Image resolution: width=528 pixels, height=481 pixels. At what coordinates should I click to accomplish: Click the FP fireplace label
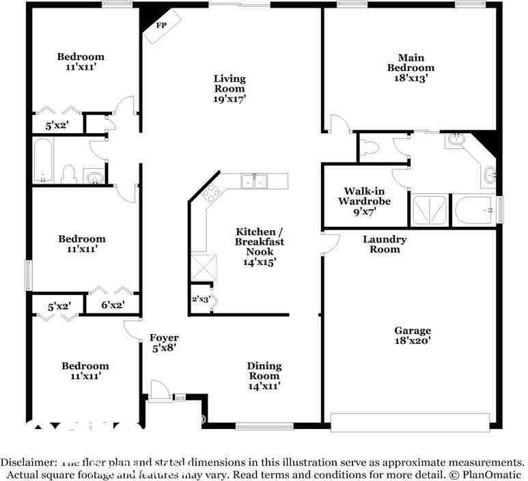pyautogui.click(x=162, y=26)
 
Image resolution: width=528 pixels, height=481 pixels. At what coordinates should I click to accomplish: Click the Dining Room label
pyautogui.click(x=264, y=371)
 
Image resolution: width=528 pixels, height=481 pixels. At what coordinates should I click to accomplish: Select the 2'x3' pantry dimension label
pyautogui.click(x=200, y=299)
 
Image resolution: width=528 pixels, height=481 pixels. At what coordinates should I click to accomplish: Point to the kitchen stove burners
pyautogui.click(x=210, y=192)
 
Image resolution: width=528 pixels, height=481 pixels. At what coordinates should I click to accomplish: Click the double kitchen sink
pyautogui.click(x=254, y=181)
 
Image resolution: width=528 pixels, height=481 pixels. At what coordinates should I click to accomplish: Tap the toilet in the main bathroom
pyautogui.click(x=370, y=147)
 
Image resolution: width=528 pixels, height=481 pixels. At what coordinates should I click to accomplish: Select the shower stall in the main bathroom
pyautogui.click(x=430, y=210)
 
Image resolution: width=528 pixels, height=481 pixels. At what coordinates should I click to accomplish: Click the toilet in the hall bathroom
pyautogui.click(x=69, y=173)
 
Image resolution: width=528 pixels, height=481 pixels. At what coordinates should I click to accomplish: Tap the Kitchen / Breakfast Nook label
pyautogui.click(x=260, y=242)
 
